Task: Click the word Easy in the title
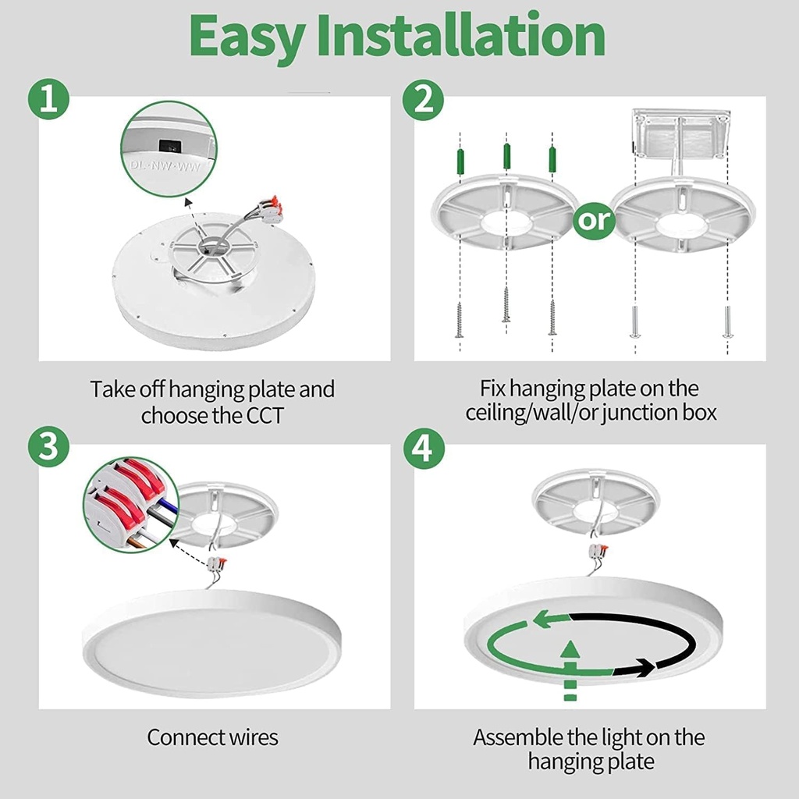(x=249, y=36)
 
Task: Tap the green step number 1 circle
(x=48, y=101)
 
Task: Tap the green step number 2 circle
(x=423, y=101)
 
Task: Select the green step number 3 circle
(x=48, y=450)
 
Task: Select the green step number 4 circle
(x=423, y=450)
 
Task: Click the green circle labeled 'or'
(x=594, y=221)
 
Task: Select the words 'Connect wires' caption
(x=212, y=737)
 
